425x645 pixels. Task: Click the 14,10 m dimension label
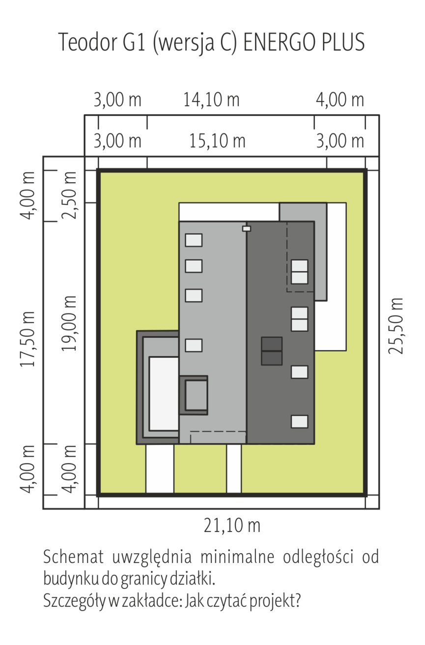(211, 100)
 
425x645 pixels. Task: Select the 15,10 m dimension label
(217, 141)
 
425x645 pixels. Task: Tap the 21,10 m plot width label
(232, 525)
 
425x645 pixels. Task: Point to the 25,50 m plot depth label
(396, 326)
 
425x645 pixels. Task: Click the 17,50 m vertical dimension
(28, 339)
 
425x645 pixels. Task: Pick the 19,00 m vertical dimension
(69, 323)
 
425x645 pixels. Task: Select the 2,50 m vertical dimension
(69, 196)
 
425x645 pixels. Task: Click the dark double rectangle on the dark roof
(272, 351)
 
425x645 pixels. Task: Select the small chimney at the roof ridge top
(247, 228)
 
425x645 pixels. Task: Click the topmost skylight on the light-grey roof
(194, 240)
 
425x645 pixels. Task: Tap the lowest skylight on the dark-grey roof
(299, 421)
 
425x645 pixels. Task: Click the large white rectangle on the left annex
(164, 394)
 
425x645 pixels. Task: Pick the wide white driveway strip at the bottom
(160, 469)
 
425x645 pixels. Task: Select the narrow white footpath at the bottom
(234, 469)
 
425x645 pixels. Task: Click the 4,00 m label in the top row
(340, 100)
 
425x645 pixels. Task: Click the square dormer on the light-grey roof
(194, 395)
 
